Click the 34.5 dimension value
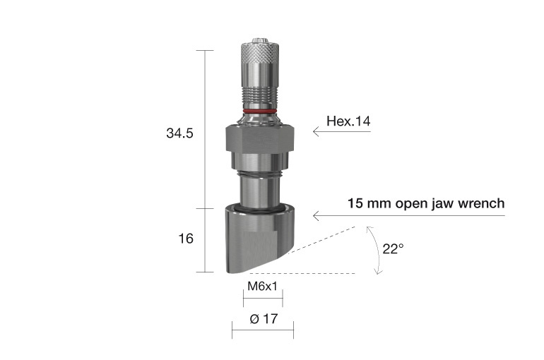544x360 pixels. [179, 133]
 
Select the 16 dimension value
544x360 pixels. [185, 239]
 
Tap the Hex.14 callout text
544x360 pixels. [348, 121]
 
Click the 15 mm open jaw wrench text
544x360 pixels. [426, 204]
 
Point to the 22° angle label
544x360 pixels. [393, 248]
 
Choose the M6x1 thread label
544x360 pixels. [261, 287]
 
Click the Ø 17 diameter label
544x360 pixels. [262, 319]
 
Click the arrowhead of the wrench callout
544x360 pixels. [316, 215]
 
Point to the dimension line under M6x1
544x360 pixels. [261, 298]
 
